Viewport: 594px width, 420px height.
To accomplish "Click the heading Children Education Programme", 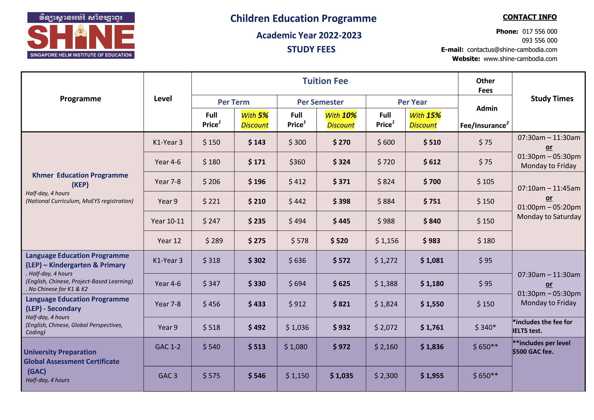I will [303, 19].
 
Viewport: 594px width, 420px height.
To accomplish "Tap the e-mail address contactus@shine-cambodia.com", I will [512, 50].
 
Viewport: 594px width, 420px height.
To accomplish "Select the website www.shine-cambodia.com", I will [520, 59].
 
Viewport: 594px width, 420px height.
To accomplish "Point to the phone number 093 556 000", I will [539, 41].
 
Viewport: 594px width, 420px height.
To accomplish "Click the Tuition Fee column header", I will [325, 81].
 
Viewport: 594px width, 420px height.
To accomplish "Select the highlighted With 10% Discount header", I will [341, 120].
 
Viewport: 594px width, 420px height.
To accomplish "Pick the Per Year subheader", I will [412, 102].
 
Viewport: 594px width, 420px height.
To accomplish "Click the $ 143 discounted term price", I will [257, 142].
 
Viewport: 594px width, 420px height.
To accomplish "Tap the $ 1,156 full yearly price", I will [387, 241].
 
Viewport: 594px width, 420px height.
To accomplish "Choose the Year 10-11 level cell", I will [168, 221].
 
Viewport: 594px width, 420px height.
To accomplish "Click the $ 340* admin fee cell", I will [485, 327].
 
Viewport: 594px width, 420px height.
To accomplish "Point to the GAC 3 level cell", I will [168, 376].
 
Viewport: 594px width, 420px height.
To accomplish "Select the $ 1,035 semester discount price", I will [341, 376].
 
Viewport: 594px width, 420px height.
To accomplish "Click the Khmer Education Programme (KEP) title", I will [80, 180].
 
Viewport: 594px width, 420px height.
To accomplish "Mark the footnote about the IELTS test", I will [542, 326].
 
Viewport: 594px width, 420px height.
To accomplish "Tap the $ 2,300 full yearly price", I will [386, 376].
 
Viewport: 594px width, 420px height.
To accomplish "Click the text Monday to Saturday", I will [549, 217].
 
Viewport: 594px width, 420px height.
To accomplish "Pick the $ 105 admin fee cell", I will [485, 182].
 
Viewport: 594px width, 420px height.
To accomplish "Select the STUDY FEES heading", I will [311, 49].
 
